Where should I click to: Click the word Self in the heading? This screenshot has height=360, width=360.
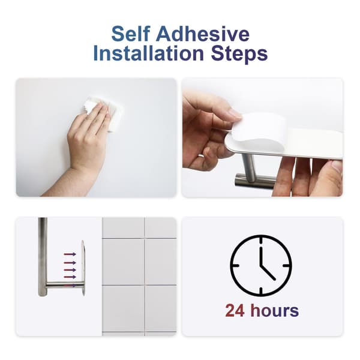pyautogui.click(x=131, y=34)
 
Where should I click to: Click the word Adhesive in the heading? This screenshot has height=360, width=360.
pyautogui.click(x=203, y=34)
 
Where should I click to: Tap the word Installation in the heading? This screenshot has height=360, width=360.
pyautogui.click(x=149, y=53)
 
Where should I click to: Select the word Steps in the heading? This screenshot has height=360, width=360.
pyautogui.click(x=239, y=55)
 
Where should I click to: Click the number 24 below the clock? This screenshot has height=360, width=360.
pyautogui.click(x=235, y=310)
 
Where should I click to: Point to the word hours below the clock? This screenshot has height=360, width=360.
pyautogui.click(x=275, y=310)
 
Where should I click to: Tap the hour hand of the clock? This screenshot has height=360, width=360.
pyautogui.click(x=268, y=273)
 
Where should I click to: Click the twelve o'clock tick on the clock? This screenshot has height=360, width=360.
pyautogui.click(x=261, y=241)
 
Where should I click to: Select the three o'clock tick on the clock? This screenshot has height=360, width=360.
pyautogui.click(x=286, y=266)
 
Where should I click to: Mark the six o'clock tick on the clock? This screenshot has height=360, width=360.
pyautogui.click(x=261, y=290)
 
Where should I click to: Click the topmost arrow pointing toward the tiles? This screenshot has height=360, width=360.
pyautogui.click(x=70, y=254)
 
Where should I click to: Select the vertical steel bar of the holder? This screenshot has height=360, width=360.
pyautogui.click(x=43, y=257)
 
